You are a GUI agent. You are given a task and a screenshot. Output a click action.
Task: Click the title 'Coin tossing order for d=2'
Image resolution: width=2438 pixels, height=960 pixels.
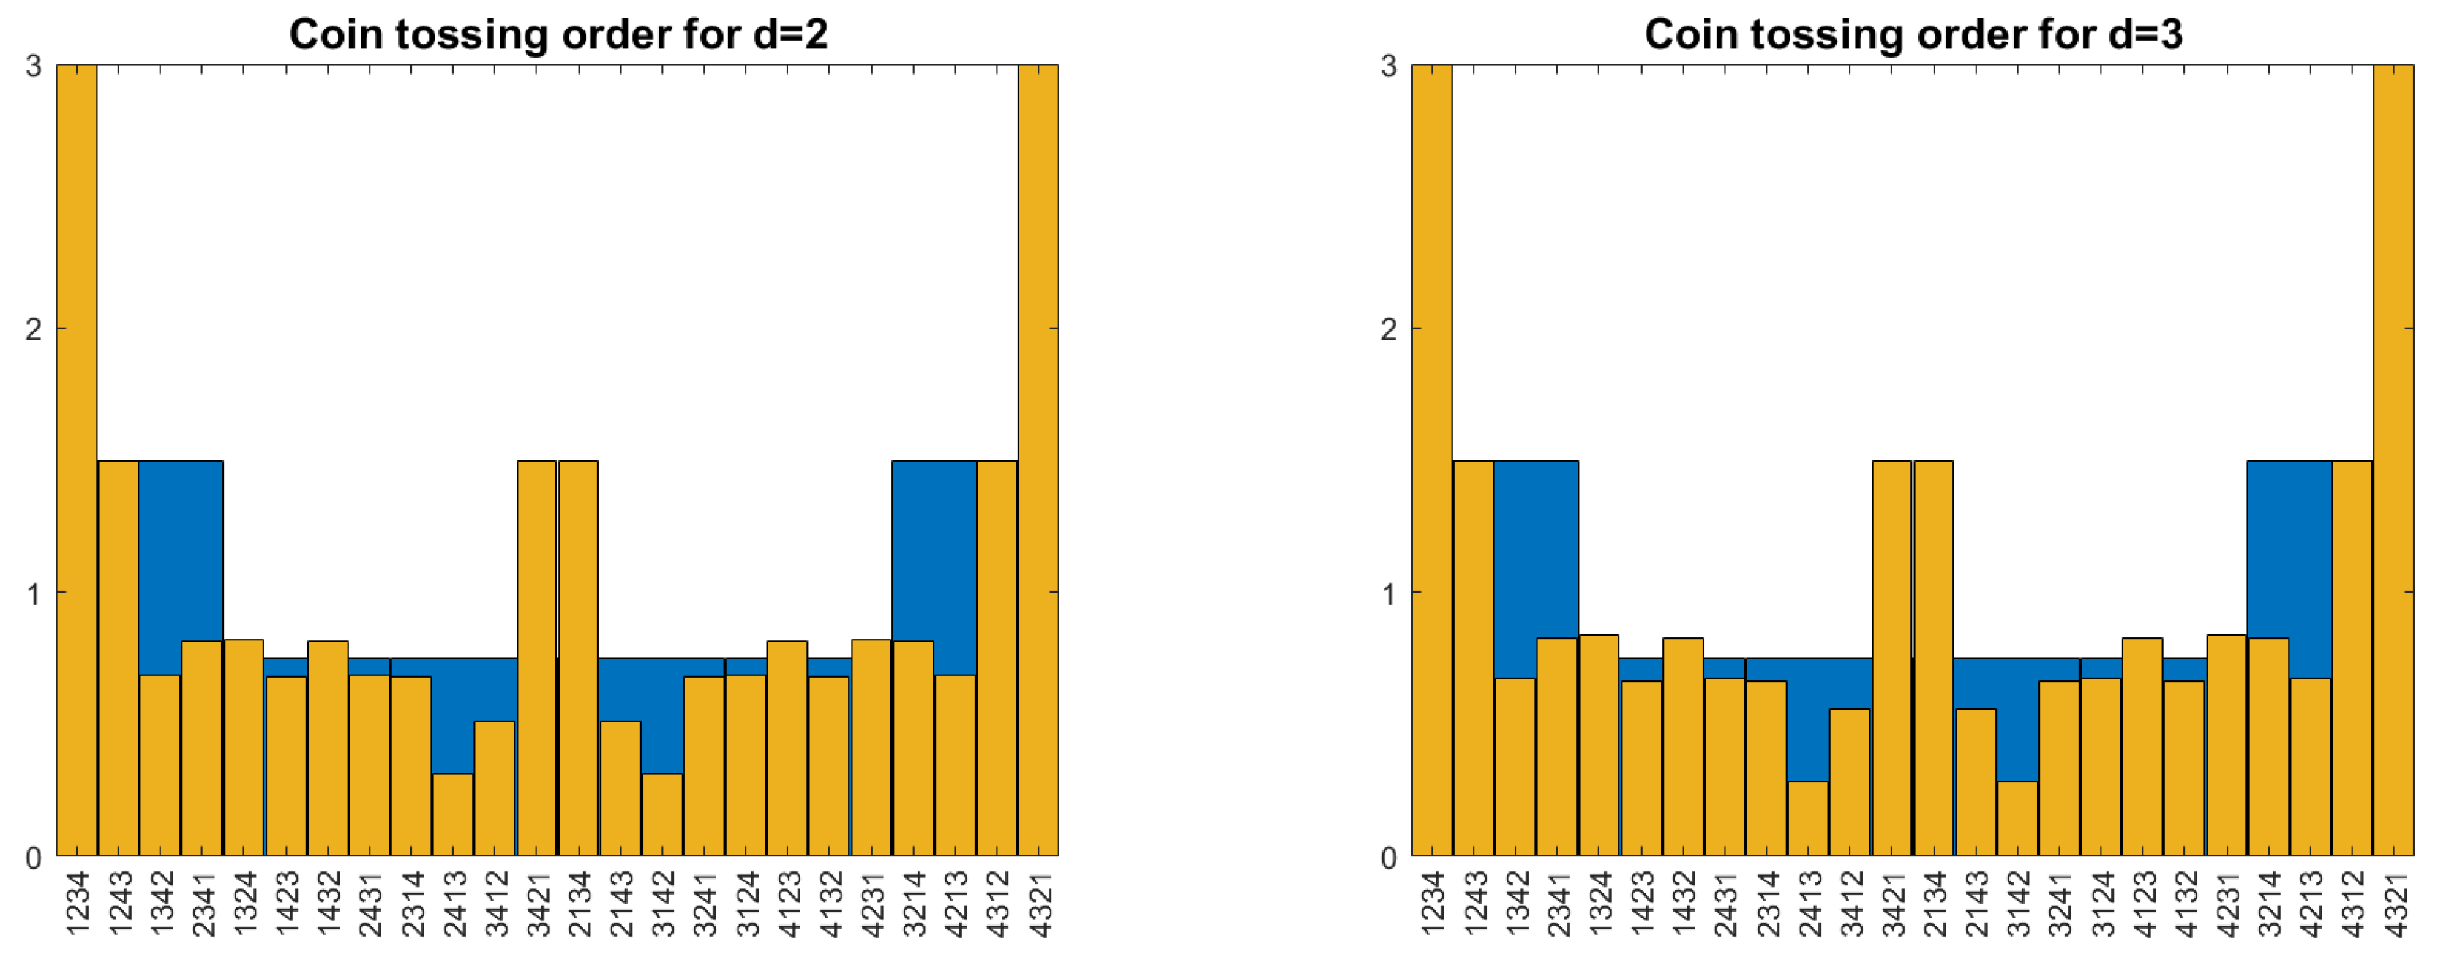558,35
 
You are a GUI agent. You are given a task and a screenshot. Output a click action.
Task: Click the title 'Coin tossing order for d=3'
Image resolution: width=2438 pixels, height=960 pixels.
1913,35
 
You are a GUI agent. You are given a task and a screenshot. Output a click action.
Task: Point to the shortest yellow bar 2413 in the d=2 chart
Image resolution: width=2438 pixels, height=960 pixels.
452,814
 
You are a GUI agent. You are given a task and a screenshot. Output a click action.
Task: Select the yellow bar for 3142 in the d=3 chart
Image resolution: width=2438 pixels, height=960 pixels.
2017,818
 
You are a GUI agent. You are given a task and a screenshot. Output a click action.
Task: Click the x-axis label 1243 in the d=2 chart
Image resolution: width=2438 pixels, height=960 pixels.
119,904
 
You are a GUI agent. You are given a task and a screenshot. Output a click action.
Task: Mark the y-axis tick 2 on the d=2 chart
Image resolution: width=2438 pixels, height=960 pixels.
34,329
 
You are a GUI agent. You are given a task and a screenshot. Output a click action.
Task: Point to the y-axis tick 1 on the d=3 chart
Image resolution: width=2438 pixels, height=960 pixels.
1389,593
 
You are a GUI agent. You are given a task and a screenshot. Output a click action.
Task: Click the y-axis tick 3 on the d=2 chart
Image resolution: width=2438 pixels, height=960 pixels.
34,67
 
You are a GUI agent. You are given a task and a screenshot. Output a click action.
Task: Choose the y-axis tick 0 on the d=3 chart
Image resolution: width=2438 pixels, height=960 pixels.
1389,857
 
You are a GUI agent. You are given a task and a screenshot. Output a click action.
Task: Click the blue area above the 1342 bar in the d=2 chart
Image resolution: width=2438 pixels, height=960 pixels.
161,568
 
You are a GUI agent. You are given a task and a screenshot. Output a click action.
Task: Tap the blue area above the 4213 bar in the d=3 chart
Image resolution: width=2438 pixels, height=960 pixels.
2310,568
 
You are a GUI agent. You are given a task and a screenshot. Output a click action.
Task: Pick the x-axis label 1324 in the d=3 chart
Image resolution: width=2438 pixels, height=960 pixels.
1599,904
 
